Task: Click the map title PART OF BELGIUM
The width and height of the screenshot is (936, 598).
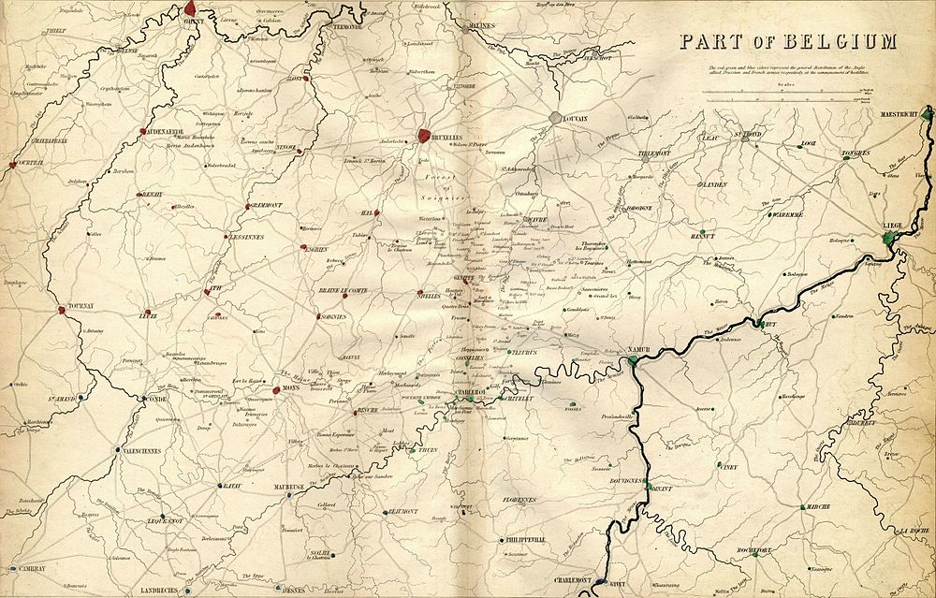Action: [x=788, y=42]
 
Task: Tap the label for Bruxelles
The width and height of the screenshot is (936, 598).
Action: [x=447, y=138]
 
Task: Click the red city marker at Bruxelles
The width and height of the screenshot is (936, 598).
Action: [x=425, y=136]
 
